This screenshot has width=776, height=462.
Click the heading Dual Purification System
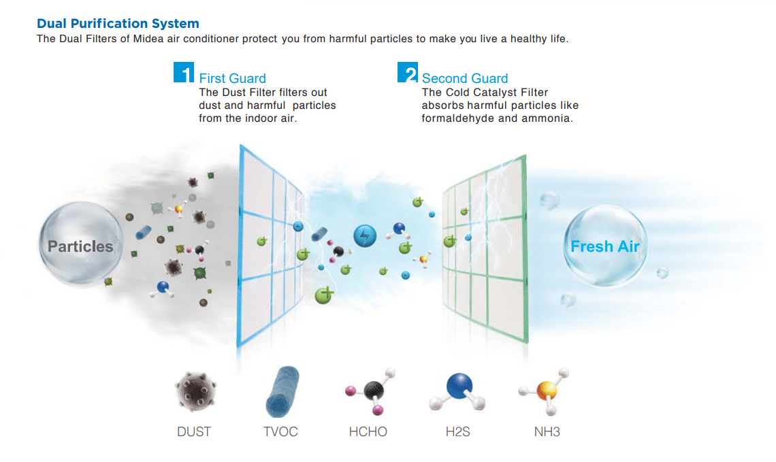(118, 23)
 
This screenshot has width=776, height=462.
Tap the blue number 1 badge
(184, 72)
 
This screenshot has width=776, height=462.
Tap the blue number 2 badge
(407, 72)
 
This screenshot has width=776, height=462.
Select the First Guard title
(232, 78)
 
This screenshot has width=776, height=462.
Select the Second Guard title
(465, 78)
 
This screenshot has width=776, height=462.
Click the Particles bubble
(81, 244)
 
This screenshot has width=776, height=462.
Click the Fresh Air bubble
(604, 246)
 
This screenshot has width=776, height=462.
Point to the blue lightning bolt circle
(365, 235)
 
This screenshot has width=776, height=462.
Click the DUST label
(194, 432)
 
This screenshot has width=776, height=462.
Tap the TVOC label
(280, 432)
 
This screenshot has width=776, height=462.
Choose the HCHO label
(368, 432)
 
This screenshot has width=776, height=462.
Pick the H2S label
(458, 432)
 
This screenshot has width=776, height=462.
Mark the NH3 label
(547, 432)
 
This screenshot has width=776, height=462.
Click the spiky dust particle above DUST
(195, 391)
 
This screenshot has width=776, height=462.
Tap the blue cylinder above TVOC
(282, 392)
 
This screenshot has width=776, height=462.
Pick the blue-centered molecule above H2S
(458, 391)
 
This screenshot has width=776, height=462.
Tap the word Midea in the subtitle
(148, 39)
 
